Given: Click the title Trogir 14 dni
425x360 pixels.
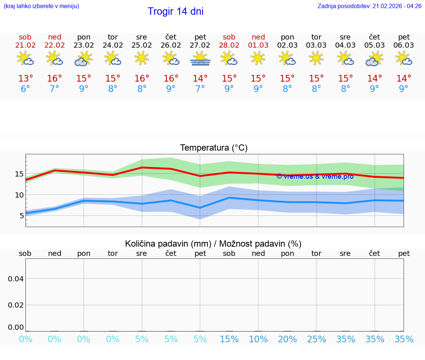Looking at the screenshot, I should pos(175,11).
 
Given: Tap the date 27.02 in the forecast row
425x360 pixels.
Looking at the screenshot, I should pos(200,45).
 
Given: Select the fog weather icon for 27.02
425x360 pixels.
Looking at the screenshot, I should pos(200,59).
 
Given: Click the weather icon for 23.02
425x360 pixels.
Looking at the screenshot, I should pos(83,59).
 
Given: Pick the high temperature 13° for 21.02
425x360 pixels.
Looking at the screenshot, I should pos(25,78).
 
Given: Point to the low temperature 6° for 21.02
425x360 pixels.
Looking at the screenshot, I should pos(25,89).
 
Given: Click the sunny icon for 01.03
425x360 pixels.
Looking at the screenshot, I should pos(258,58).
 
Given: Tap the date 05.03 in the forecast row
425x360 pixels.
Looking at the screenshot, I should pos(374,45).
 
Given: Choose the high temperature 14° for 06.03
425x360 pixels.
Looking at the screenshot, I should pos(404,78).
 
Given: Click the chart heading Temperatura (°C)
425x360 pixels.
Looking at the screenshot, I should pos(214,148).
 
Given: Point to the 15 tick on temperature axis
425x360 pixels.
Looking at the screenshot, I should pos(20,174).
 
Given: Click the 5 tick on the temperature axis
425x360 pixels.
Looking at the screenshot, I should pos(22,216).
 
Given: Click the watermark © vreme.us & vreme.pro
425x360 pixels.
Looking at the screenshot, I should pos(315,176).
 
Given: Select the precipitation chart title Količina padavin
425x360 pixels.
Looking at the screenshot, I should pos(168,244).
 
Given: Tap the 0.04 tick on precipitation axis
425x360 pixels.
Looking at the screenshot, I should pos(16,279).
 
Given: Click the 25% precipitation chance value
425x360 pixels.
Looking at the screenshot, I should pos(316,339).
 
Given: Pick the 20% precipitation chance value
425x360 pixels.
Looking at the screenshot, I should pos(287,339).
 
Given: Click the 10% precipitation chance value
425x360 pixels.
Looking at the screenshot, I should pos(258,339).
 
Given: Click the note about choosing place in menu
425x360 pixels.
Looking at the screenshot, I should pos(41,6).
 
